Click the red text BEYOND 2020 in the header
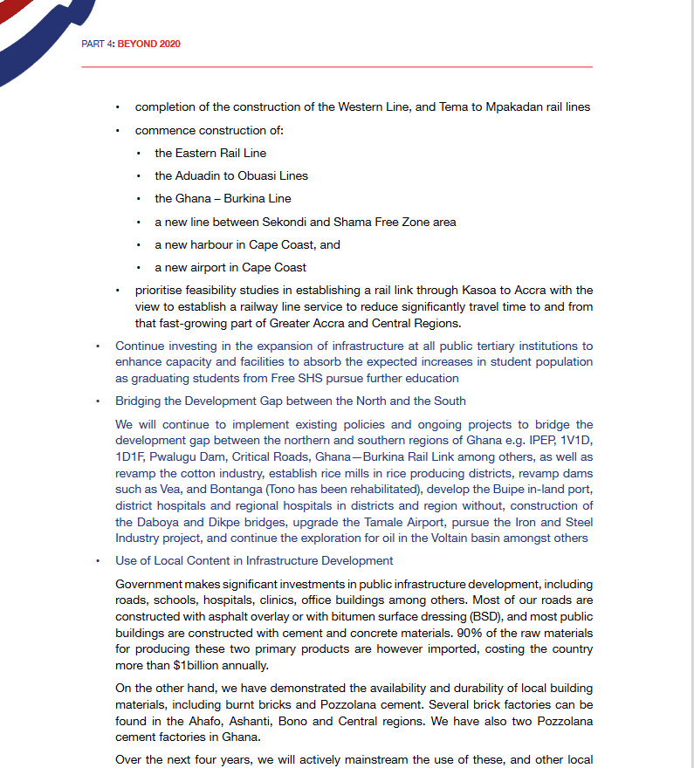[x=148, y=44]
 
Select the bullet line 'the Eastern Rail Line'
[x=210, y=153]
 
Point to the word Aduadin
[x=198, y=175]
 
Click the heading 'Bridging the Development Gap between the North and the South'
[x=290, y=401]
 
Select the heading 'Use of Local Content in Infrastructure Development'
[x=254, y=561]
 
